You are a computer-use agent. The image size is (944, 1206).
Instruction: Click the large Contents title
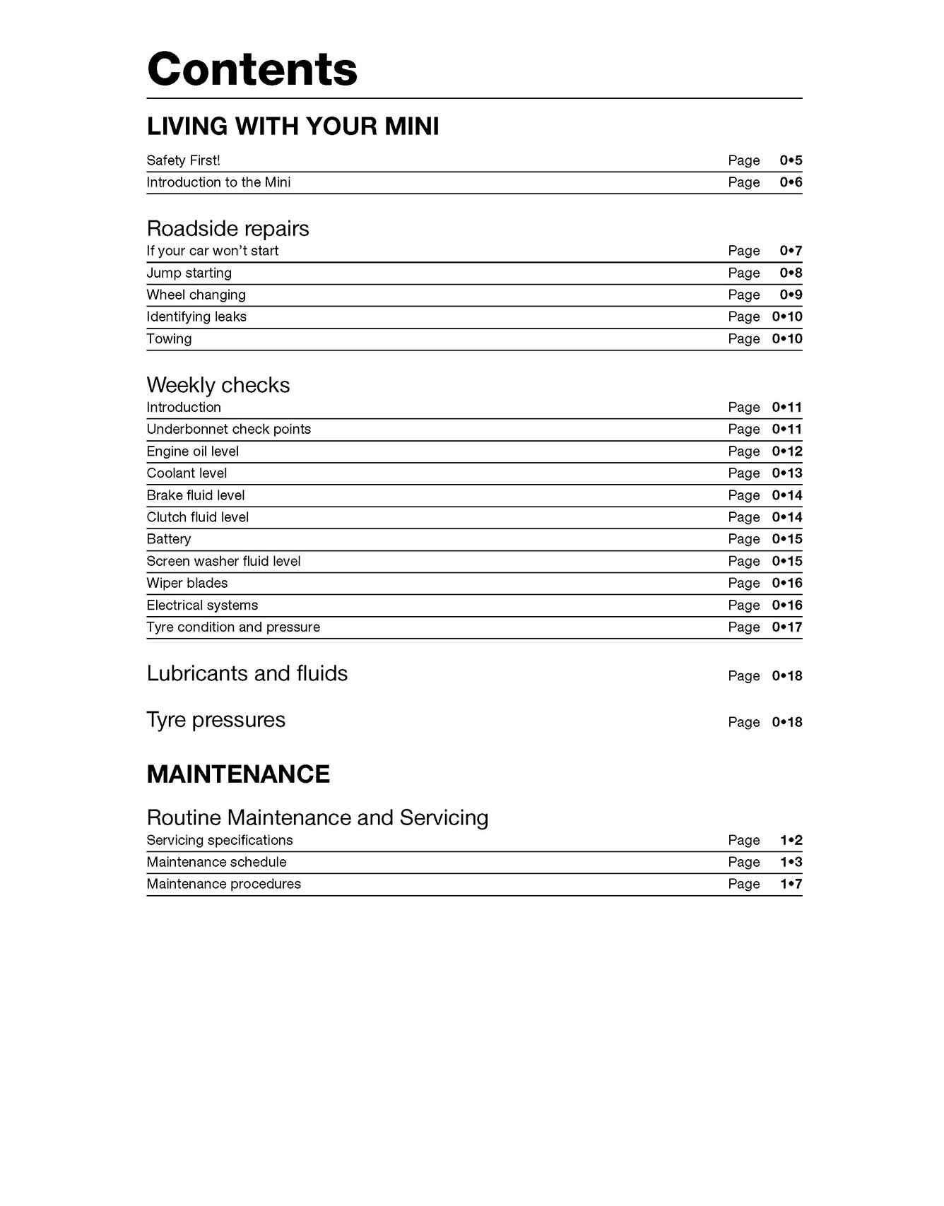click(x=252, y=69)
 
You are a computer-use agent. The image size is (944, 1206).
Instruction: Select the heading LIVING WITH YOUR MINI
click(x=293, y=126)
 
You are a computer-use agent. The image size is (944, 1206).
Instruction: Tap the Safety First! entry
click(x=183, y=160)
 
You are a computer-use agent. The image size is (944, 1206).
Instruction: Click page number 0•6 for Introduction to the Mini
click(x=791, y=182)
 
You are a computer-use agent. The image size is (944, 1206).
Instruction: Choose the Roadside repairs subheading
click(x=228, y=228)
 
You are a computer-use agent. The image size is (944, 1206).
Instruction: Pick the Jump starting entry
click(x=189, y=273)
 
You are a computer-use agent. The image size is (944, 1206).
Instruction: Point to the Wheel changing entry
click(x=196, y=295)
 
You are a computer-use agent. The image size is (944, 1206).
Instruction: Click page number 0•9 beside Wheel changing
click(x=791, y=295)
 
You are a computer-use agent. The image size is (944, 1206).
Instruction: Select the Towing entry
click(x=169, y=338)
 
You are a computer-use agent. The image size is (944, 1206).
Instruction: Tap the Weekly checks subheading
click(x=218, y=385)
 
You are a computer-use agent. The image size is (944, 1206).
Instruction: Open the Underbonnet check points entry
click(x=228, y=429)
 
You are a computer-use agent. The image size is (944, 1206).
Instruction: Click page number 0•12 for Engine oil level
click(x=787, y=451)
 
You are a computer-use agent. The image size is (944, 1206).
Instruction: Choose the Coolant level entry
click(x=187, y=473)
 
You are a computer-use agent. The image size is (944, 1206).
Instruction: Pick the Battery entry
click(x=168, y=539)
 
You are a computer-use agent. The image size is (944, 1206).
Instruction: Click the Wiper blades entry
click(x=187, y=583)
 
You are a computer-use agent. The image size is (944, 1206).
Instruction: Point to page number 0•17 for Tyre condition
click(x=787, y=627)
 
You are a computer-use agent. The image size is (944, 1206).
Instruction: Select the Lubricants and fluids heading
click(x=247, y=673)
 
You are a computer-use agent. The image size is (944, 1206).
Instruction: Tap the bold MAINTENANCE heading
click(x=238, y=774)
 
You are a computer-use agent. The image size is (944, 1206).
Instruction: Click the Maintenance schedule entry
click(x=216, y=862)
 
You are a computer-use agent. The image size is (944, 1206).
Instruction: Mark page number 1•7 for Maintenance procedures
click(x=791, y=884)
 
